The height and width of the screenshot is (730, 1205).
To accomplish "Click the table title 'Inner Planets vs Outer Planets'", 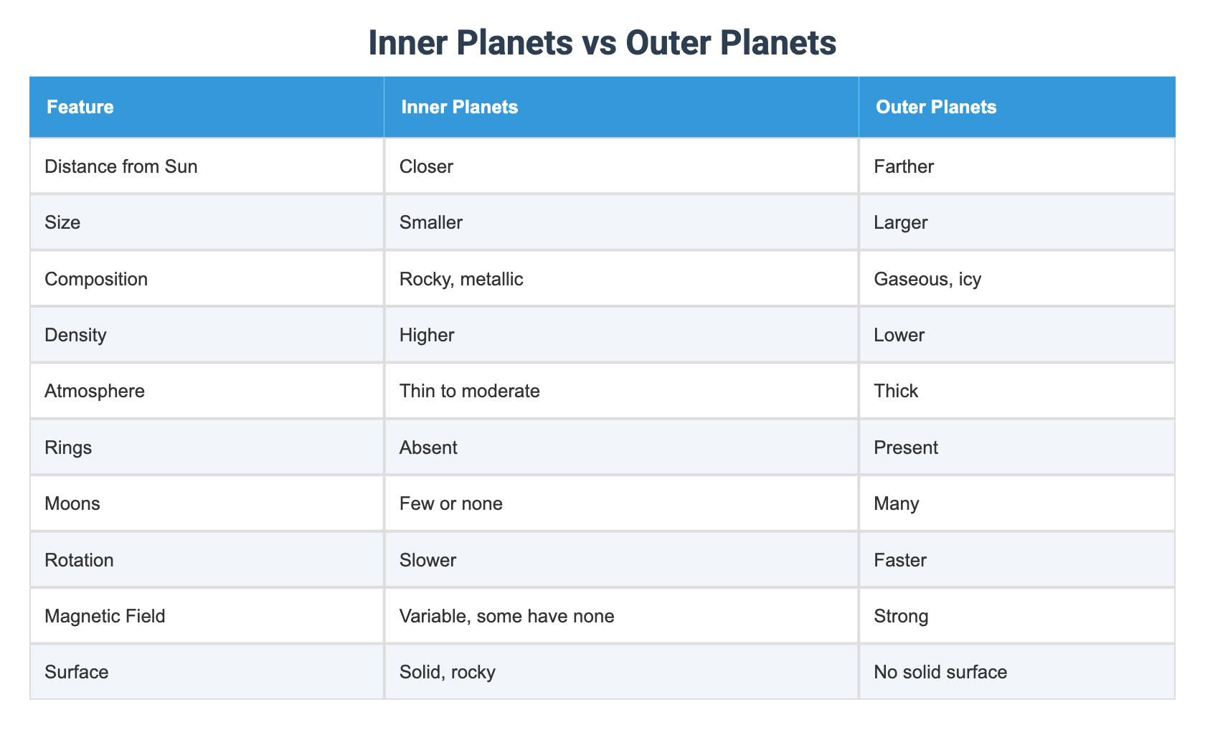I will tap(602, 43).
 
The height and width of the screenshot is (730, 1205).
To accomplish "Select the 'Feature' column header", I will tap(80, 108).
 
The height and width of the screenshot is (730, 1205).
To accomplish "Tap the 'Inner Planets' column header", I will tap(460, 108).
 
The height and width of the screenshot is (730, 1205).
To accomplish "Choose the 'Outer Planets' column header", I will tap(936, 108).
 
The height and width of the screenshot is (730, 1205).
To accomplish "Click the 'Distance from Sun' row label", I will tap(120, 166).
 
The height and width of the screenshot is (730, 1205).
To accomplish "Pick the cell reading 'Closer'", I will tap(427, 166).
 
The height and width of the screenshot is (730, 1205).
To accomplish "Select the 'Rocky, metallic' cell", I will tap(461, 278).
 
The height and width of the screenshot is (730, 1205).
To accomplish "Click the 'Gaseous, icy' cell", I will tap(927, 278).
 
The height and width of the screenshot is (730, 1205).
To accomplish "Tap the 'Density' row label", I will tap(75, 334).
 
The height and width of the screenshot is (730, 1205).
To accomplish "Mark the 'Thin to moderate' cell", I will tap(470, 391).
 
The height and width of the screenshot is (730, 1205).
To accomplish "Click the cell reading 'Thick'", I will tap(896, 391).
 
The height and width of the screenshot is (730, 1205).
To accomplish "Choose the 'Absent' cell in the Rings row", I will tap(428, 447).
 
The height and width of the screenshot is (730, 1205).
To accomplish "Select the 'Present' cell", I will tap(906, 447).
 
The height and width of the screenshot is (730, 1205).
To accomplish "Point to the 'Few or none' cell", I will tap(451, 503).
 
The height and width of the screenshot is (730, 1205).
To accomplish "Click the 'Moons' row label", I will tap(72, 503).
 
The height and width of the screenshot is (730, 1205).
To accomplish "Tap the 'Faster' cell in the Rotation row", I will tap(900, 559).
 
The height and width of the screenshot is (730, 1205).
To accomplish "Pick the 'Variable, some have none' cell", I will tap(507, 615).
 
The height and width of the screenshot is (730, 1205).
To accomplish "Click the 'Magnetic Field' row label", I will tap(105, 615).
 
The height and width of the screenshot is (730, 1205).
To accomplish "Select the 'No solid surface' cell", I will tap(940, 672).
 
